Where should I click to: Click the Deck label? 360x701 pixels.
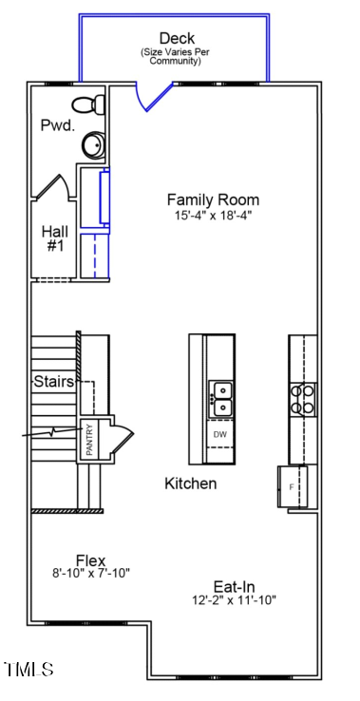point(177,38)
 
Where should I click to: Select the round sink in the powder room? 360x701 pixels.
point(93,145)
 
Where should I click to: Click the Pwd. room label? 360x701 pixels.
point(56,125)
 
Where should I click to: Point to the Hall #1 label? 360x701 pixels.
point(54,238)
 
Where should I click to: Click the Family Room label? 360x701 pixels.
point(213,199)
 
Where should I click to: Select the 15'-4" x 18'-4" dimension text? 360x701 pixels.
point(213,216)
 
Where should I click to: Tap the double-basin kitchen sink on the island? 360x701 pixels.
point(220,399)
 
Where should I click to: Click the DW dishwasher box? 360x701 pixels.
point(220,435)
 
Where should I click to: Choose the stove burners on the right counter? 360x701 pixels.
point(303,399)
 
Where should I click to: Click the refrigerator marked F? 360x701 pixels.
point(292,486)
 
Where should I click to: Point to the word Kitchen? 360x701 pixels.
point(191,483)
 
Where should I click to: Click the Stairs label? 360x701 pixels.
point(54,382)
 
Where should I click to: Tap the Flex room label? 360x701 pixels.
point(90,559)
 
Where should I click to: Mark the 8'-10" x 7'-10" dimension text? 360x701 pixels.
point(90,574)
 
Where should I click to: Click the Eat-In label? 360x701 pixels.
point(234,587)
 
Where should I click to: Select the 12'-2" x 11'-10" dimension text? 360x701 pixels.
point(234,600)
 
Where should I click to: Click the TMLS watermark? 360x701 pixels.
point(28,671)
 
